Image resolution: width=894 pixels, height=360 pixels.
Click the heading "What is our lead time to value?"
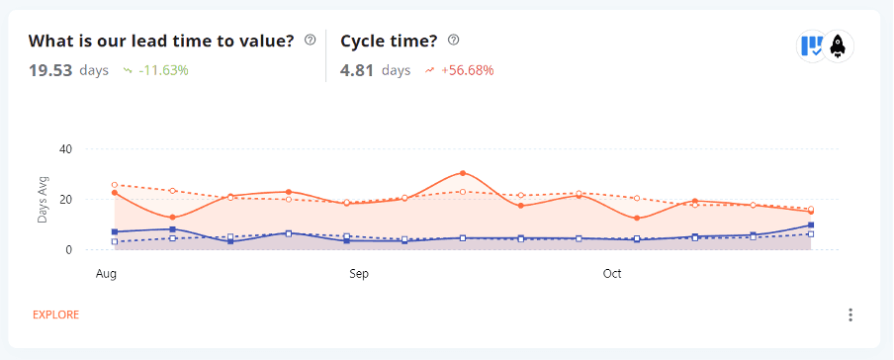coord(161,41)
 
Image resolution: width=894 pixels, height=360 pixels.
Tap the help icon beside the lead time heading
coord(311,41)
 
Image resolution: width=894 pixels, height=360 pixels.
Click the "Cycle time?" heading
coord(390,41)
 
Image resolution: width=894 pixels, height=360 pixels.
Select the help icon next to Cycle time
coord(454,41)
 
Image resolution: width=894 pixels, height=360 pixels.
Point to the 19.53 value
coord(50,70)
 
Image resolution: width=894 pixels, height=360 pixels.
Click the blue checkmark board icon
coord(812,45)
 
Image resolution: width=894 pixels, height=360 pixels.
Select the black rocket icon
coord(838,45)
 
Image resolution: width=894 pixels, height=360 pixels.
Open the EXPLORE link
coord(55,315)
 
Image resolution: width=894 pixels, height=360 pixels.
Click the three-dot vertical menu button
coord(850,315)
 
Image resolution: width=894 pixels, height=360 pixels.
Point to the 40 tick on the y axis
coord(66,149)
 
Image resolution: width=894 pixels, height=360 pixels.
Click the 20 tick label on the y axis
coord(66,200)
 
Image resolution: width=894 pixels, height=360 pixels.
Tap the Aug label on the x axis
coord(106,272)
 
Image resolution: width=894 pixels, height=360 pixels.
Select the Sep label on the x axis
coord(359,272)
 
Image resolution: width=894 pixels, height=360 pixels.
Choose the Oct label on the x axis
coord(612,272)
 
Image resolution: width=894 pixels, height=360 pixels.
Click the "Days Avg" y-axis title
coord(44,199)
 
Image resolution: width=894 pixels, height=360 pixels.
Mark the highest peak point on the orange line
coord(463,173)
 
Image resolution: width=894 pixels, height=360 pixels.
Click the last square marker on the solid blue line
coord(811,225)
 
